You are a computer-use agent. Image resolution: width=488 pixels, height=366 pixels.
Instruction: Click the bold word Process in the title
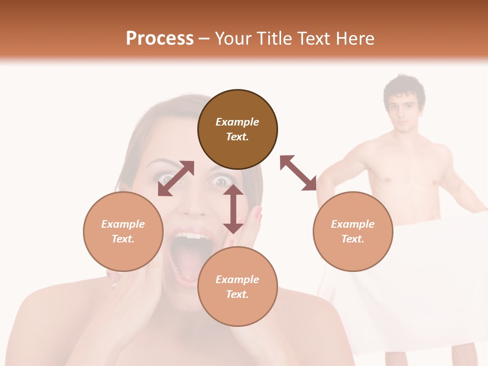[x=160, y=38]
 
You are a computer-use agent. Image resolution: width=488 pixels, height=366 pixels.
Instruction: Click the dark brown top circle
[x=237, y=129]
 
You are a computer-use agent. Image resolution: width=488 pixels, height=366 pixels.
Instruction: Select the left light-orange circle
[x=123, y=231]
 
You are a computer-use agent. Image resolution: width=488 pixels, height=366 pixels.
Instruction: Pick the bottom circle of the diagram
[x=237, y=287]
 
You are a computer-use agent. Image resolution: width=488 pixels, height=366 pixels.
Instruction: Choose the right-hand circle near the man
[x=353, y=231]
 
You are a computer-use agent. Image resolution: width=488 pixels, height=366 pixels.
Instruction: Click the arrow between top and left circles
[x=176, y=178]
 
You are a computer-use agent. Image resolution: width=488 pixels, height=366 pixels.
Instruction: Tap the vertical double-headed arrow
[x=233, y=209]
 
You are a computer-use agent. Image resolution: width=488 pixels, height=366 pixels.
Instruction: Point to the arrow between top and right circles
[x=298, y=173]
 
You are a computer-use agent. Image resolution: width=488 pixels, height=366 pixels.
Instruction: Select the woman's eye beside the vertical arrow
[x=220, y=181]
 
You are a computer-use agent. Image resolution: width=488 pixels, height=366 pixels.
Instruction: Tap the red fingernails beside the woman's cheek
[x=258, y=213]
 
